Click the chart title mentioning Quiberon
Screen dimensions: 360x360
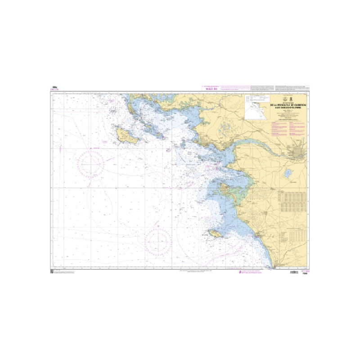(288, 107)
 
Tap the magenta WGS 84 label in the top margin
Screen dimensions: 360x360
(211, 89)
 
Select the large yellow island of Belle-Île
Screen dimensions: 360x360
(127, 135)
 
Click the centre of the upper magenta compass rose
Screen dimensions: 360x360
(92, 163)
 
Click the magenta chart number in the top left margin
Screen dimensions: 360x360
(56, 89)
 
